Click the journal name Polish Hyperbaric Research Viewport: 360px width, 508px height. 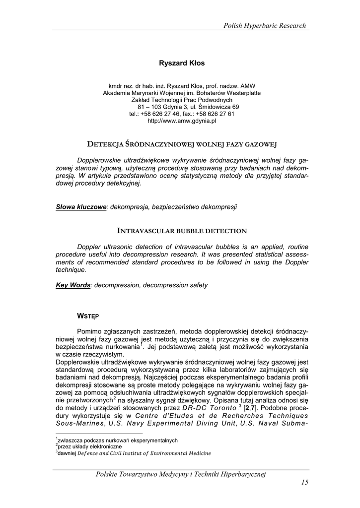tap(264, 26)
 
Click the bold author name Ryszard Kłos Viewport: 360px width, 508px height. tap(182, 63)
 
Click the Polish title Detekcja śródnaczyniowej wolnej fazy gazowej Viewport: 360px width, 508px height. tap(182, 144)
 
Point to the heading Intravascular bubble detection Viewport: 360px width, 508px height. tap(182, 231)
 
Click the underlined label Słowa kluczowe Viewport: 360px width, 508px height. tap(81, 207)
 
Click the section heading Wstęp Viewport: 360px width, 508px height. tap(87, 316)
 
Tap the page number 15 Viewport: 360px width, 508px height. tap(304, 483)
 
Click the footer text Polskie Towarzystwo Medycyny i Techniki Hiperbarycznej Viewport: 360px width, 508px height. tap(181, 475)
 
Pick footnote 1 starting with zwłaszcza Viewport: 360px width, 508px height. tap(117, 440)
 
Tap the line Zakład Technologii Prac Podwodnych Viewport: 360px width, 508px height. tap(182, 100)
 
